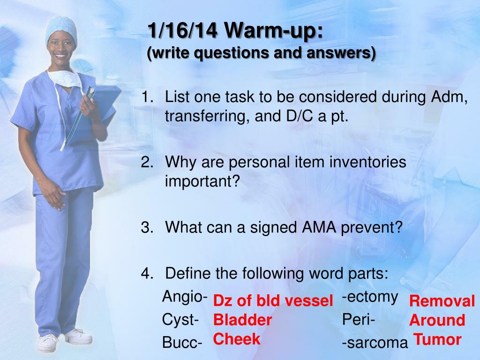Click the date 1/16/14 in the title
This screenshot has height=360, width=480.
pos(182,30)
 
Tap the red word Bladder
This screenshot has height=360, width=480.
pos(242,320)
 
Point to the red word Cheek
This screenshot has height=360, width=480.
pos(237,339)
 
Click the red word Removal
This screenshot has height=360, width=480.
pos(442,301)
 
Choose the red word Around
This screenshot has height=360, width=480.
pos(437,320)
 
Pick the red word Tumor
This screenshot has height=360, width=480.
pos(437,339)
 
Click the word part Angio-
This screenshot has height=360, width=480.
pos(185,297)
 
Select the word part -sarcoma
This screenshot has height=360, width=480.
pos(375,343)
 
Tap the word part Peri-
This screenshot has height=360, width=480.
pos(359,320)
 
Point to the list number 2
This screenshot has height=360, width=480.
pos(147,162)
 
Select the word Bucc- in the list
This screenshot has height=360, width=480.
pos(182,343)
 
